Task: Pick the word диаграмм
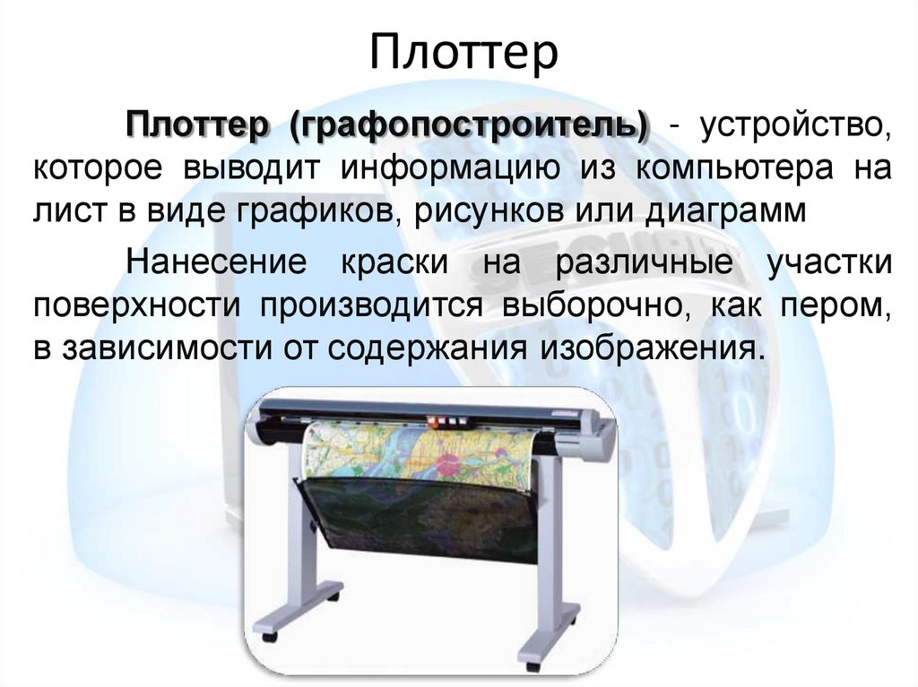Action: [x=718, y=213]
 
